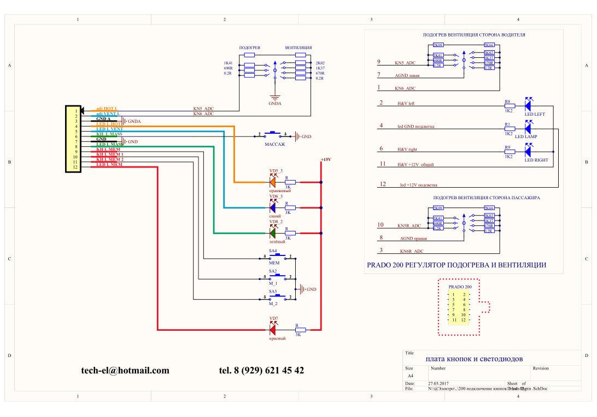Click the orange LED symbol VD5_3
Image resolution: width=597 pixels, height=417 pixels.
pos(272,182)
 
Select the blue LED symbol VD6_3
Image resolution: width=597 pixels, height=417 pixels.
pos(272,207)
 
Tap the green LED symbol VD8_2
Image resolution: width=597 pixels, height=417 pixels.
pos(272,233)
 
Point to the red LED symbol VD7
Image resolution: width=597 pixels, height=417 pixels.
pos(273,330)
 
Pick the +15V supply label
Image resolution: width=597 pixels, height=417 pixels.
pos(326,159)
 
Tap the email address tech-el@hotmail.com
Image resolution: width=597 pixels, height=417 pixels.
pos(125,371)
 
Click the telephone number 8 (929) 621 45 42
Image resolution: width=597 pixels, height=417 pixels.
pos(261,371)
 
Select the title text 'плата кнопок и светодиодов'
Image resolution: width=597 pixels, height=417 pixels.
pos(474,359)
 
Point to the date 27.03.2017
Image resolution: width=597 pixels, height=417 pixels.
pos(438,384)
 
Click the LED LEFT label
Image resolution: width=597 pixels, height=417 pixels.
pos(535,114)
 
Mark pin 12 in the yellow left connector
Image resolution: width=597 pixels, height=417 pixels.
pos(76,165)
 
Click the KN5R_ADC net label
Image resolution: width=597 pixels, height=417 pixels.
pos(409,225)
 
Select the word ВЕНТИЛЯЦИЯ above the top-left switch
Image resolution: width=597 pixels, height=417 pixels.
pos(298,48)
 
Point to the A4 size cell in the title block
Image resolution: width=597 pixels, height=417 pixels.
pos(411,376)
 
